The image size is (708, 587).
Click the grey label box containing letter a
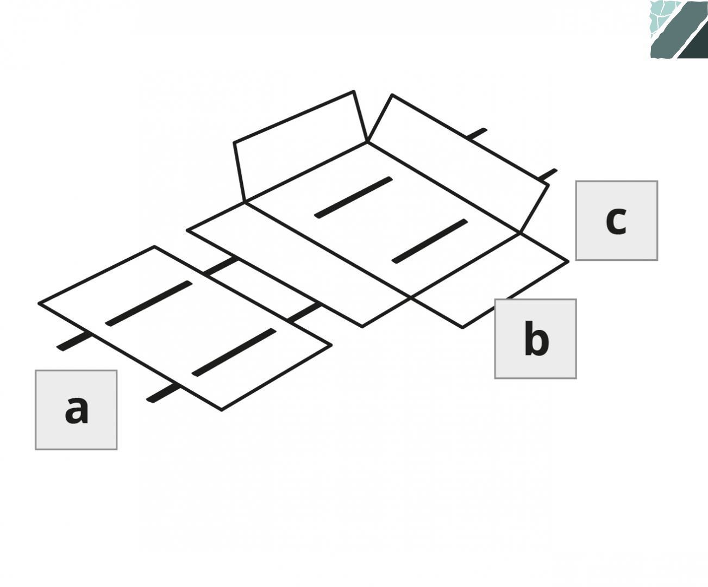(x=76, y=410)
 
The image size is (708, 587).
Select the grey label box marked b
(x=535, y=339)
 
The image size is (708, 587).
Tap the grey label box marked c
(x=617, y=221)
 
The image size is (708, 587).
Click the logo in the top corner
(x=679, y=29)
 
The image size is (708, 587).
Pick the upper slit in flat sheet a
(x=148, y=303)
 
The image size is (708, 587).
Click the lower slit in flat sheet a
(x=234, y=352)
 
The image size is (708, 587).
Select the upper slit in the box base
(x=353, y=197)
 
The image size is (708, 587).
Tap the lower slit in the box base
(x=430, y=241)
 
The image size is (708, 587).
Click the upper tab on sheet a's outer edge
(x=74, y=341)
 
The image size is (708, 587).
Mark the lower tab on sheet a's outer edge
(x=163, y=394)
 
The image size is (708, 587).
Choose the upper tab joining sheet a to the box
(x=221, y=266)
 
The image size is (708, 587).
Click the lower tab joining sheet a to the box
(x=304, y=312)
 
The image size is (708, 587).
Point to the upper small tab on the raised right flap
(x=477, y=133)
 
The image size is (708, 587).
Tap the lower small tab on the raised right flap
(x=547, y=174)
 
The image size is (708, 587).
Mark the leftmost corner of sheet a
(x=39, y=303)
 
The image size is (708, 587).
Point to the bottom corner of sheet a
(x=222, y=410)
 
